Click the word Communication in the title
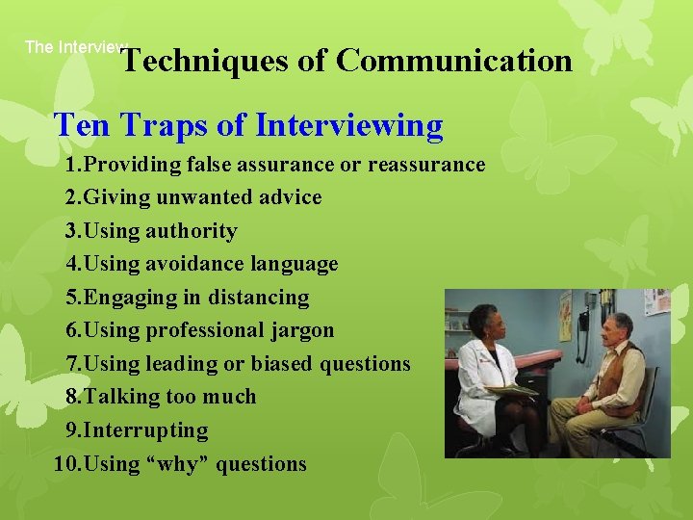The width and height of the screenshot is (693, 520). [454, 61]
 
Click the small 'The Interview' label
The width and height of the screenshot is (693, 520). [75, 46]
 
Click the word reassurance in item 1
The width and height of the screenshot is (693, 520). [426, 165]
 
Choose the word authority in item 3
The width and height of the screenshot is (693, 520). [191, 231]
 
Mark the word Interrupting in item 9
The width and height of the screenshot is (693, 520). [146, 430]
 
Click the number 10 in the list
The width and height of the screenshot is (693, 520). [65, 464]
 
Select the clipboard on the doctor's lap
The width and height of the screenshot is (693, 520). [512, 390]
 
